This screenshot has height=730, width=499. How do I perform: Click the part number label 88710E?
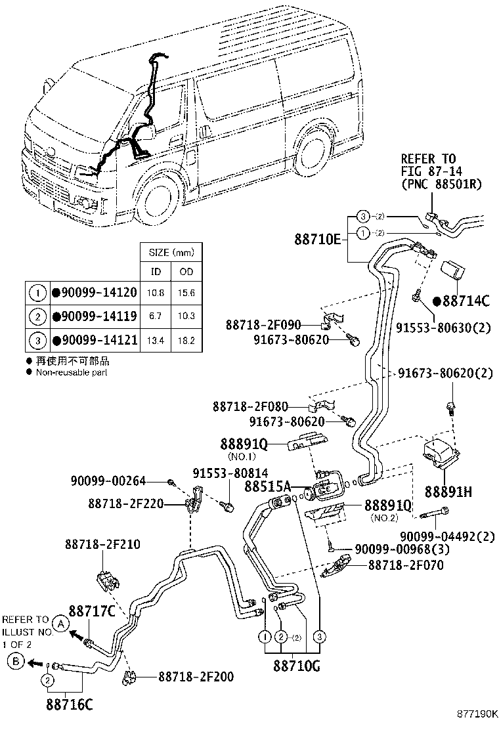click(x=317, y=240)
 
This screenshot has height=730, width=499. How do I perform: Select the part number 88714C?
click(x=466, y=301)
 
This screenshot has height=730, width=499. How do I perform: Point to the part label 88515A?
click(x=267, y=486)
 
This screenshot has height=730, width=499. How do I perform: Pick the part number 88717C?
click(x=92, y=611)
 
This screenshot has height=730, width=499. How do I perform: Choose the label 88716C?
click(x=69, y=706)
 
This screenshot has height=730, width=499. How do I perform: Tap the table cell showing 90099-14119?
click(x=98, y=316)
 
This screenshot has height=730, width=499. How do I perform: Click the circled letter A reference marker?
click(x=59, y=624)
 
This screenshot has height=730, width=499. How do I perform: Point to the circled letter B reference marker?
click(x=15, y=662)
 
